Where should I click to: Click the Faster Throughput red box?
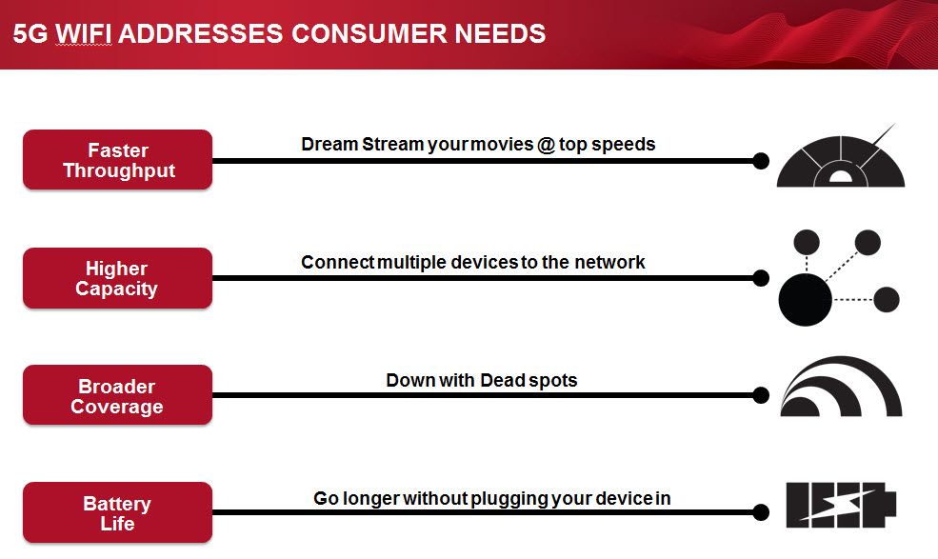pos(117,160)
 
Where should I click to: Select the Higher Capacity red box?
pos(117,278)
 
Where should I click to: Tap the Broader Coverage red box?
pos(117,395)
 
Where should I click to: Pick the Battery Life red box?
pos(117,512)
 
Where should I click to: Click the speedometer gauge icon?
pos(841,157)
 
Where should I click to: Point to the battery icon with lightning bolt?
pos(841,505)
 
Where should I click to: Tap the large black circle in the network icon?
pos(806,299)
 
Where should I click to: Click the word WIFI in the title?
pos(84,33)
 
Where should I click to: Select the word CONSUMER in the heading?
pos(369,33)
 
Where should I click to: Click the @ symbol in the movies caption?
pos(547,145)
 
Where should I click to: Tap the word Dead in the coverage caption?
pos(503,380)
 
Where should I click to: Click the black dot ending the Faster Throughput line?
pos(761,160)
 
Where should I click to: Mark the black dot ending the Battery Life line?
pos(761,512)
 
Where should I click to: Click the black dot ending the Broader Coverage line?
pos(761,395)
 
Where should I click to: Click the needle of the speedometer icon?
pos(883,135)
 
